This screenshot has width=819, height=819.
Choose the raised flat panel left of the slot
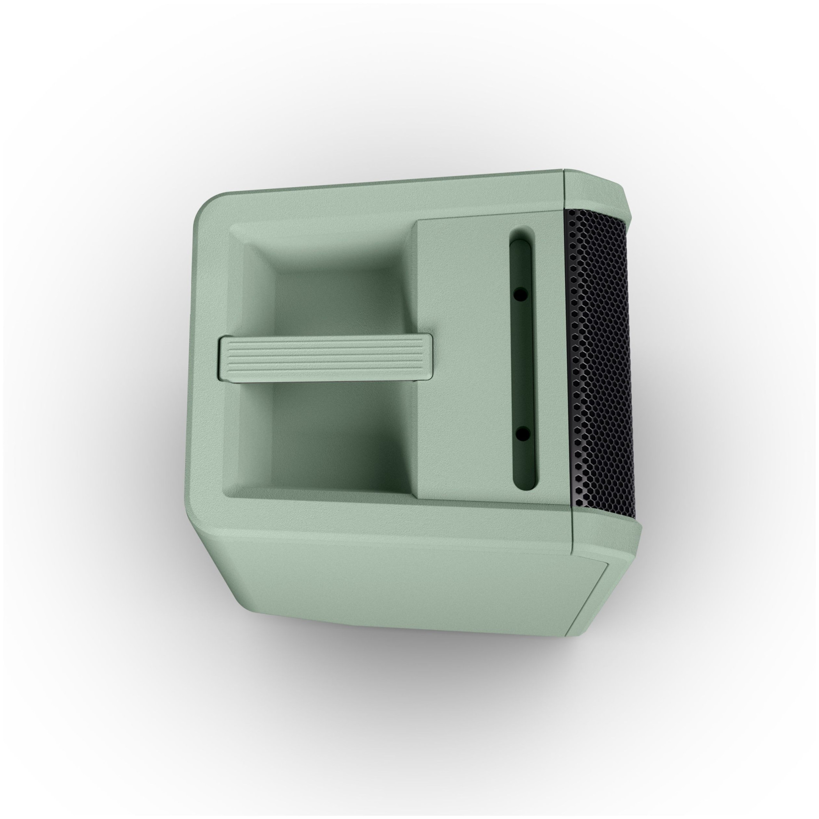pos(462,356)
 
